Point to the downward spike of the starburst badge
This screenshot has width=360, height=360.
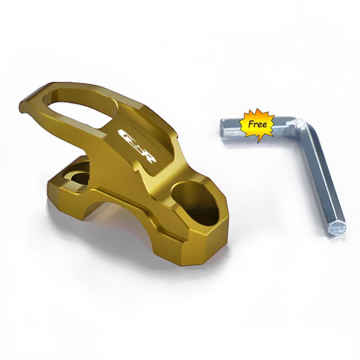coord(260,140)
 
